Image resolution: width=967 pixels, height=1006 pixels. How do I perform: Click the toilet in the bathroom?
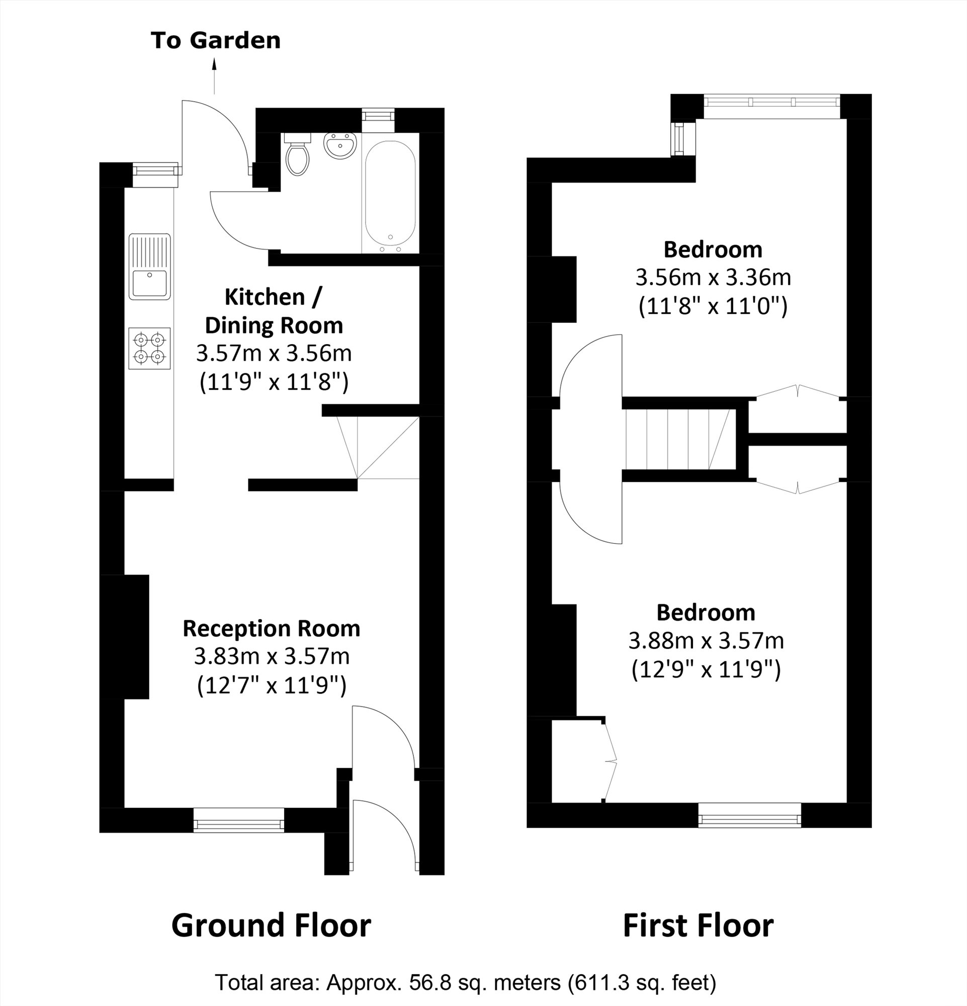[x=297, y=155]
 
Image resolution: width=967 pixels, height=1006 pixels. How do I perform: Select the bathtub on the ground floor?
[x=390, y=197]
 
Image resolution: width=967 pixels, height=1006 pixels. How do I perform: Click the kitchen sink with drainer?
[x=149, y=267]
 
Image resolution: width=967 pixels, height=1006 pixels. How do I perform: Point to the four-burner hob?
[x=149, y=348]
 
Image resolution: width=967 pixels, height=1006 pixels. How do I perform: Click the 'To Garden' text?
[x=215, y=41]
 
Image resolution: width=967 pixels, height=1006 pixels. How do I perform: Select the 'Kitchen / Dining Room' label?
[x=274, y=311]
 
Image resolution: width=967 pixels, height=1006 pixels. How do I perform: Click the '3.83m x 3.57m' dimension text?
[x=272, y=656]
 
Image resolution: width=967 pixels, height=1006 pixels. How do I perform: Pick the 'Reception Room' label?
[x=272, y=628]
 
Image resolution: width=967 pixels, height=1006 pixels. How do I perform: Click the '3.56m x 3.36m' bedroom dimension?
[x=713, y=278]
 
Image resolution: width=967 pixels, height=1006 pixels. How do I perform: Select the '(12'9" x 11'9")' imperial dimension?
[x=706, y=669]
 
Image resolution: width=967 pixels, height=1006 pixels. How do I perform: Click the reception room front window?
[x=238, y=820]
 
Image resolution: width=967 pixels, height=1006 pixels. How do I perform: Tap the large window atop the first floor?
[x=771, y=102]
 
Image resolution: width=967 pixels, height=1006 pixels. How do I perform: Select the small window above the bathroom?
[x=378, y=114]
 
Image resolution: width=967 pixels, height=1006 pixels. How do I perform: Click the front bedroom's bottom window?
[x=749, y=815]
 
